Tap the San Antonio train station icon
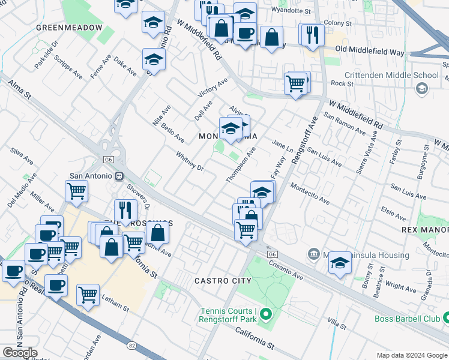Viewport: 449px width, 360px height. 119,176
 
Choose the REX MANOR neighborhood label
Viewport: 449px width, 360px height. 425,230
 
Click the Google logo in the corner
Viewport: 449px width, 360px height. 20,352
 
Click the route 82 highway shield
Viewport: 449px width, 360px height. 131,345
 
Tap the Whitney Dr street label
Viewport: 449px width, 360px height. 190,161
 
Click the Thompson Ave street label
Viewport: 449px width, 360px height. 241,166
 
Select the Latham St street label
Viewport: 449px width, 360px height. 115,308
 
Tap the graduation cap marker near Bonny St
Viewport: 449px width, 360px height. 340,263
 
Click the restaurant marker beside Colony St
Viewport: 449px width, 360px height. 312,34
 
